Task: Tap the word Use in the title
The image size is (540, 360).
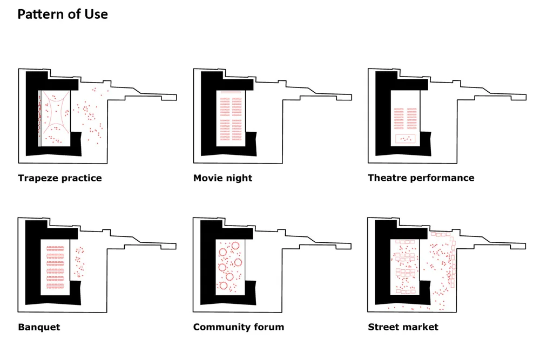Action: (x=97, y=14)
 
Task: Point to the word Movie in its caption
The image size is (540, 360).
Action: (x=207, y=178)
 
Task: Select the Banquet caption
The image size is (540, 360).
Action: (x=39, y=327)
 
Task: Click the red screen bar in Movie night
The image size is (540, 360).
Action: (x=231, y=92)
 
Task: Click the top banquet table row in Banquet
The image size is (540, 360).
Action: (x=55, y=248)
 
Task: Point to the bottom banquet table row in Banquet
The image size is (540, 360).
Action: (x=55, y=286)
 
